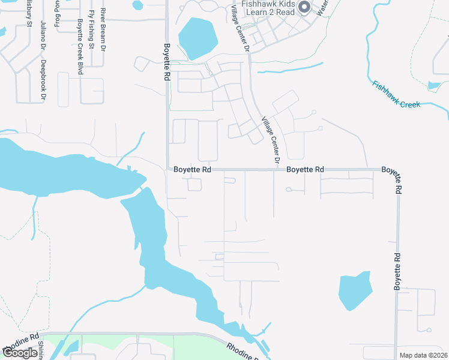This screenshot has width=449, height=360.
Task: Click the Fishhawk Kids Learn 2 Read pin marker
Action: (x=304, y=7)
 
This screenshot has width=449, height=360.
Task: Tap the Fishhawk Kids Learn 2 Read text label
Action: (x=268, y=8)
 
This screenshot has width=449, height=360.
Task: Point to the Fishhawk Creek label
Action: (x=396, y=95)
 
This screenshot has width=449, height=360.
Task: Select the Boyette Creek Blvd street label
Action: (x=80, y=47)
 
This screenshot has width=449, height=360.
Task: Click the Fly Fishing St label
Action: (x=91, y=29)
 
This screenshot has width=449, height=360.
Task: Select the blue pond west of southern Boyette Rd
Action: (x=355, y=292)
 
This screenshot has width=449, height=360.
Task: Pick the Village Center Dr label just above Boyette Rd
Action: (x=270, y=141)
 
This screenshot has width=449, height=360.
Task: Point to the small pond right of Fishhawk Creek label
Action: (x=434, y=86)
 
